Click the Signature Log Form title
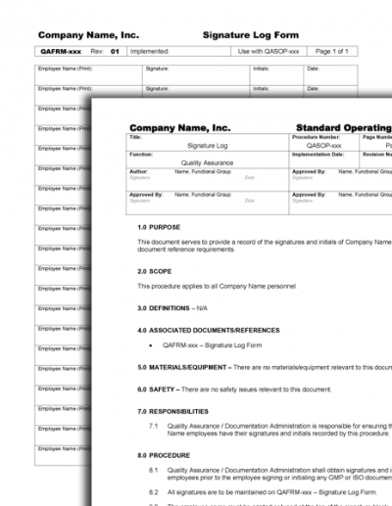(250, 35)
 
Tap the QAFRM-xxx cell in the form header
(60, 51)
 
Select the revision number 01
(115, 51)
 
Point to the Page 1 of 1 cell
(328, 51)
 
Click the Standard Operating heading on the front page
(343, 127)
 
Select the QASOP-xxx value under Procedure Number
(323, 145)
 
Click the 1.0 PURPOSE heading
(159, 227)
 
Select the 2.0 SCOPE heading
(155, 272)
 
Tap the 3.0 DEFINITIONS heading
(172, 308)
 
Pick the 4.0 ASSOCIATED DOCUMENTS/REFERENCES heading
(209, 331)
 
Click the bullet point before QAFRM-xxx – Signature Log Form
(150, 345)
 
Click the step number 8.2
(153, 491)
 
